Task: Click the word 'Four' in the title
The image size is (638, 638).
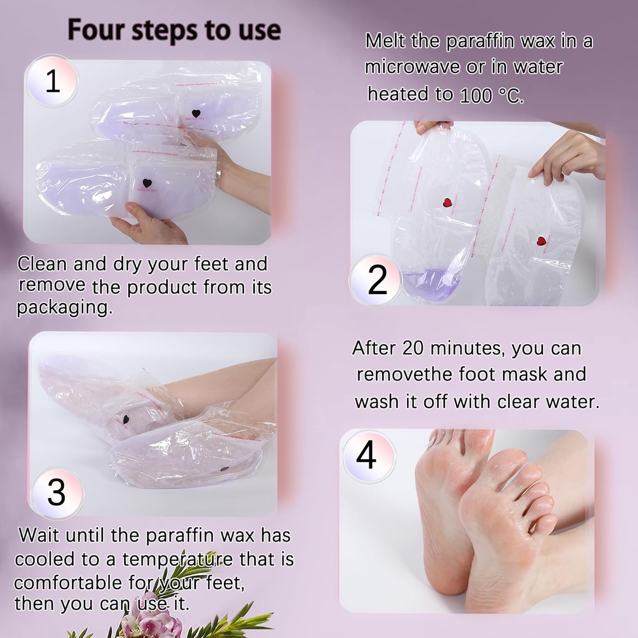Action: pos(96,30)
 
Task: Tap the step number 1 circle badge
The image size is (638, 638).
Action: pos(52,81)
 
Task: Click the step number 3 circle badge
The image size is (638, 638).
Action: pos(56,492)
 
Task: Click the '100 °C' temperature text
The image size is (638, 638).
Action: pos(491,96)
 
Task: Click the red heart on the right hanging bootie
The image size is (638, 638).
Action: pos(541,241)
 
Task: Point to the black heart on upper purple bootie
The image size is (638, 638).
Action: pos(196,114)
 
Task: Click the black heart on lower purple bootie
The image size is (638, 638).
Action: pos(147,184)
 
